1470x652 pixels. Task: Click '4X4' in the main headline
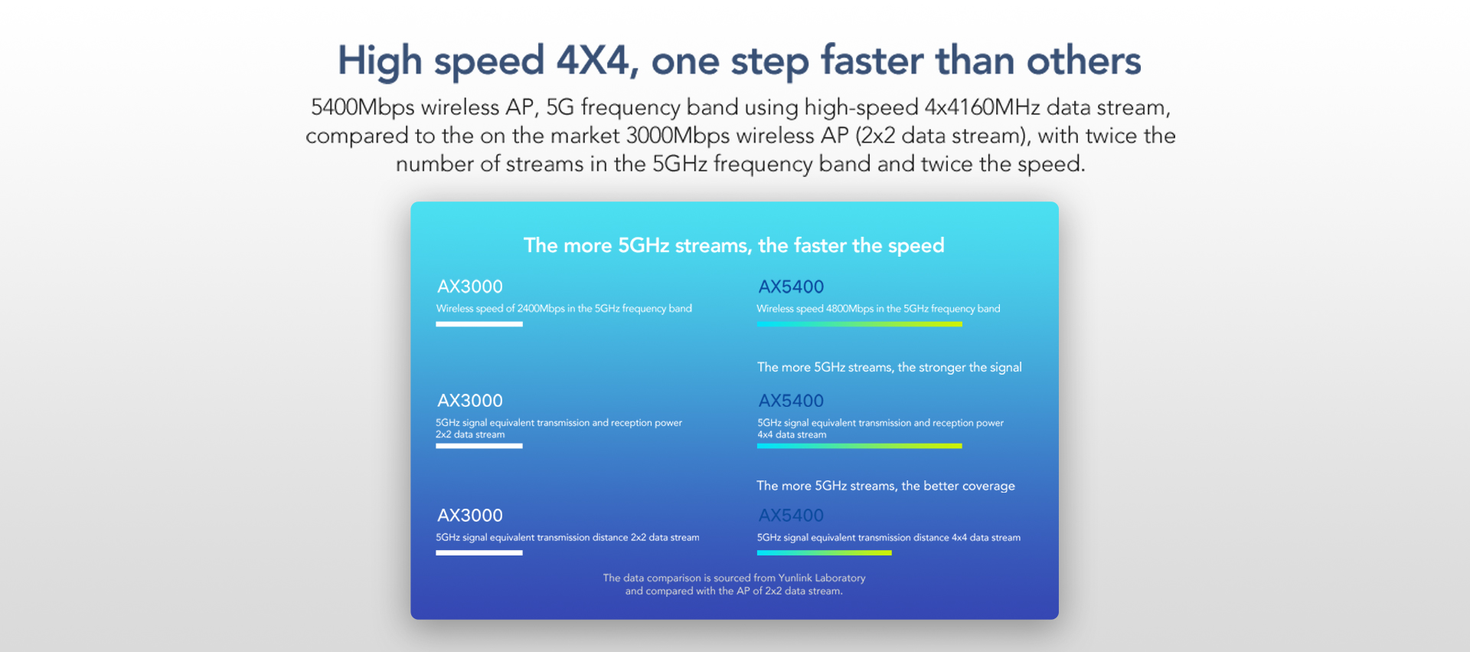(x=592, y=60)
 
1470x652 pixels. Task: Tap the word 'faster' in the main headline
(x=872, y=60)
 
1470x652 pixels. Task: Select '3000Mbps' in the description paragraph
(x=678, y=136)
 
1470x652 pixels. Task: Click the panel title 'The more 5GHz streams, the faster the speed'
(x=734, y=245)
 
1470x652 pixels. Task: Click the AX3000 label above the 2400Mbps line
(x=470, y=287)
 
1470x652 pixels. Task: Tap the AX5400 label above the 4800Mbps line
(x=791, y=287)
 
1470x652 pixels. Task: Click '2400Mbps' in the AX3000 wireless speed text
(x=541, y=309)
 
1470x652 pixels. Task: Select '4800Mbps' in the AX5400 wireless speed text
(x=850, y=309)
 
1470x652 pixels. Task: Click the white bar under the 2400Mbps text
(x=479, y=324)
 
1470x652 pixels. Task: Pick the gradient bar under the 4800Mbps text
(x=860, y=324)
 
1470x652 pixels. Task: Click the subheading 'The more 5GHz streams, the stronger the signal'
(x=890, y=367)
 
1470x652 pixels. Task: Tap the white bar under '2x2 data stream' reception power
(x=479, y=446)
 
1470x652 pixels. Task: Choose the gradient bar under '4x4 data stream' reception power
(x=860, y=446)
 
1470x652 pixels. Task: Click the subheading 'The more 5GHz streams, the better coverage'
(x=886, y=486)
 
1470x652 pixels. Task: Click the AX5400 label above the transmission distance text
(x=791, y=516)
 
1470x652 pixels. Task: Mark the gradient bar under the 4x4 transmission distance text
(x=825, y=552)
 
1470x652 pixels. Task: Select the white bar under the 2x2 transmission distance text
(x=479, y=552)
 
